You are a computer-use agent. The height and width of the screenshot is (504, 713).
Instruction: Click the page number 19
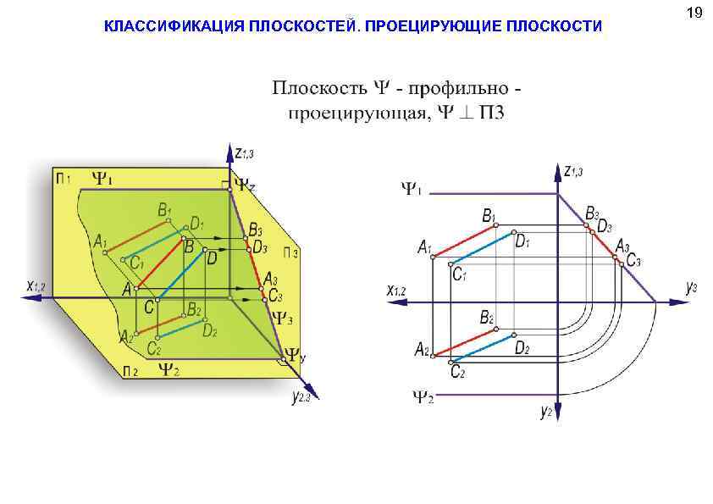pos(694,12)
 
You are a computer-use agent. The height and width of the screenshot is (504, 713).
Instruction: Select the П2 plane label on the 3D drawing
pos(130,371)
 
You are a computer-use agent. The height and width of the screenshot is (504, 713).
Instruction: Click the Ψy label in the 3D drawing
pos(294,357)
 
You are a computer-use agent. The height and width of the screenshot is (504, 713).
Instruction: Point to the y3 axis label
pos(691,288)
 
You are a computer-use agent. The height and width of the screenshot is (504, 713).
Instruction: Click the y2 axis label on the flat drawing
pos(546,412)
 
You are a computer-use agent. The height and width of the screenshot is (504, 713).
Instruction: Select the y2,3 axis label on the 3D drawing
pos(301,396)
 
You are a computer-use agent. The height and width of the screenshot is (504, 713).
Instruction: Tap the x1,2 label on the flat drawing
pos(396,291)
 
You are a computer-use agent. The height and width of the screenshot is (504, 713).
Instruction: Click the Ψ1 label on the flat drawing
pos(411,188)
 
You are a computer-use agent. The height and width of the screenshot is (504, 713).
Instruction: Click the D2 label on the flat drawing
pos(522,348)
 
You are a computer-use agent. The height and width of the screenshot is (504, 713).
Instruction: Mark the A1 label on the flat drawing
pos(424,247)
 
